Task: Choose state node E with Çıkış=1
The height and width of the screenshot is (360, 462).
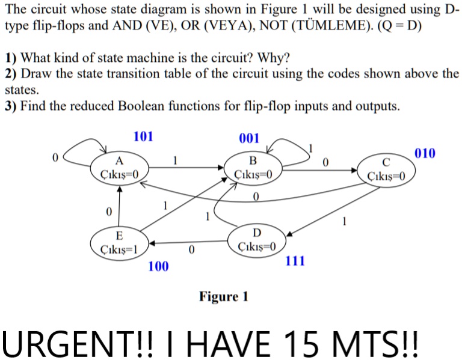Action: [x=119, y=242]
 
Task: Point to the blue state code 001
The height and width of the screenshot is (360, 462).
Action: [x=249, y=139]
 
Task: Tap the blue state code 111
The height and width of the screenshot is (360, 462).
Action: [x=295, y=261]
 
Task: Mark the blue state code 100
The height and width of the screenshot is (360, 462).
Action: [x=158, y=265]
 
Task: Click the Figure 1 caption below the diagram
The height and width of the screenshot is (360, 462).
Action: [x=224, y=296]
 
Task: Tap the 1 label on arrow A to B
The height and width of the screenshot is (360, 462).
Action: [x=175, y=160]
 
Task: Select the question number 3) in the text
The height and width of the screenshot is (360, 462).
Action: [x=10, y=106]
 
